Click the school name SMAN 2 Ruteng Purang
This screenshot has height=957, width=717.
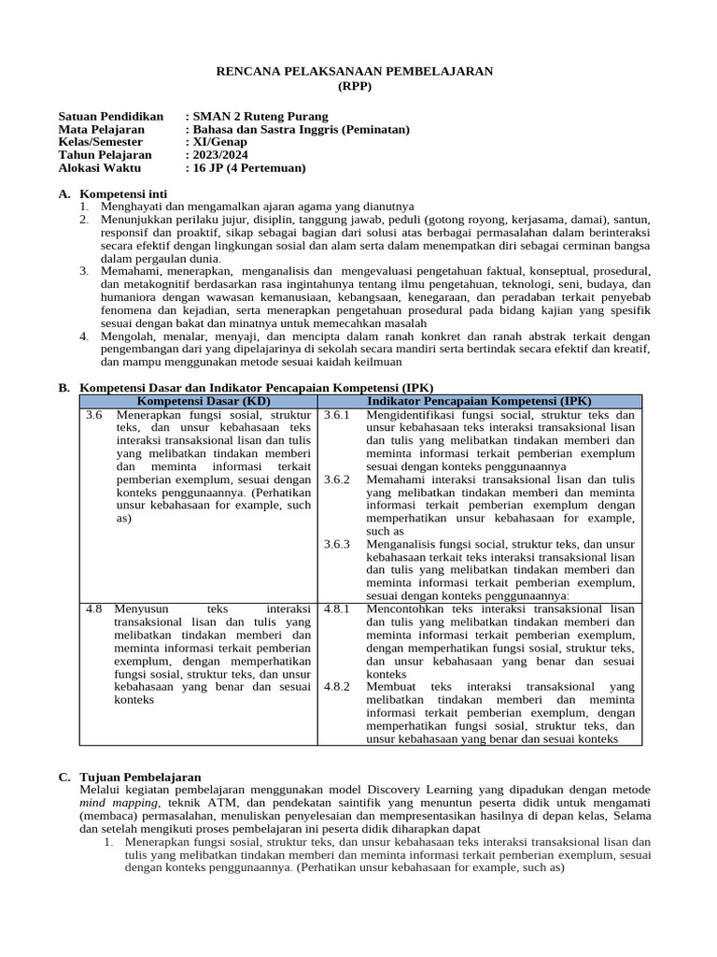[x=260, y=116]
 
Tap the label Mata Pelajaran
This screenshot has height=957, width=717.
[x=101, y=129]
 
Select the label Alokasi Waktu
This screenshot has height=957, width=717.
[x=99, y=168]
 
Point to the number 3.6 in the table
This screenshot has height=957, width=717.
[x=92, y=414]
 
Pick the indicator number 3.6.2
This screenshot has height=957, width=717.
[x=336, y=479]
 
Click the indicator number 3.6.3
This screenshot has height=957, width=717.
[x=336, y=544]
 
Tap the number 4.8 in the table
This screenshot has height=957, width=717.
[x=92, y=608]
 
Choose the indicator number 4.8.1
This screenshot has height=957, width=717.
[x=336, y=608]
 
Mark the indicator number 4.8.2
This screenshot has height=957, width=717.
[x=336, y=686]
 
